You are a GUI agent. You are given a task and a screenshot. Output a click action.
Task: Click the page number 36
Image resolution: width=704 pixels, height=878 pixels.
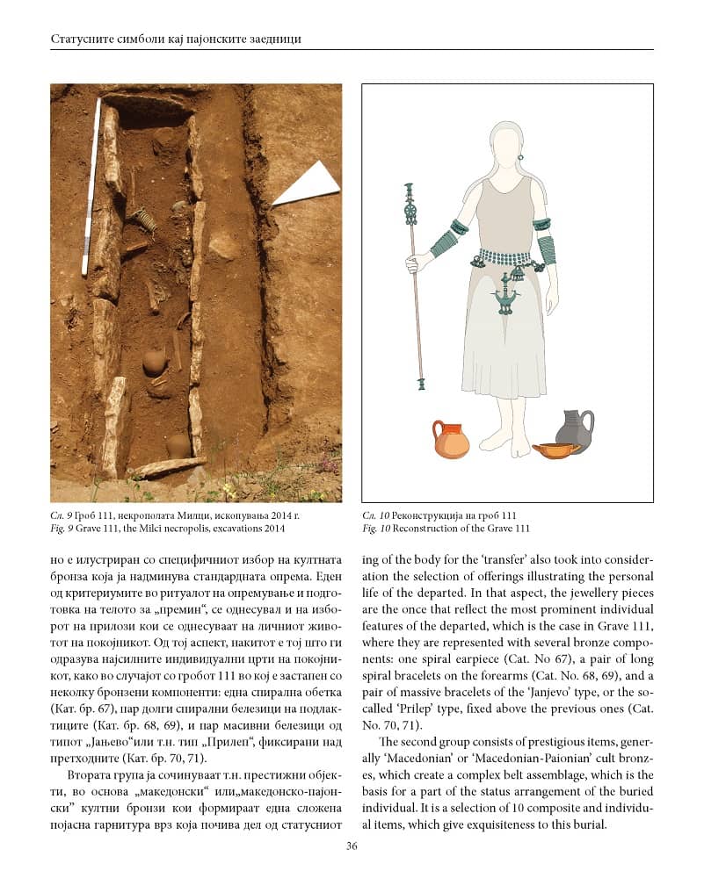[352, 846]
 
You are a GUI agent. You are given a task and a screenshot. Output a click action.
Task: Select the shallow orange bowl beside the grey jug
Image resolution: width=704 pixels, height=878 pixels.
[556, 451]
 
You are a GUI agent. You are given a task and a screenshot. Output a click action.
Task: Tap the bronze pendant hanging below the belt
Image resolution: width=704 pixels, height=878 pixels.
[504, 299]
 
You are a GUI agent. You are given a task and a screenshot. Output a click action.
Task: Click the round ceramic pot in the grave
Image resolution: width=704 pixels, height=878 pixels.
[154, 362]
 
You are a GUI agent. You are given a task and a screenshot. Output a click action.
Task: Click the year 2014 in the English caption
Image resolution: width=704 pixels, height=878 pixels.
[271, 529]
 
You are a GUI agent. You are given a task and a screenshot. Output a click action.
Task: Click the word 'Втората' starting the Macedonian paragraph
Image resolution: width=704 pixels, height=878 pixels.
[88, 776]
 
